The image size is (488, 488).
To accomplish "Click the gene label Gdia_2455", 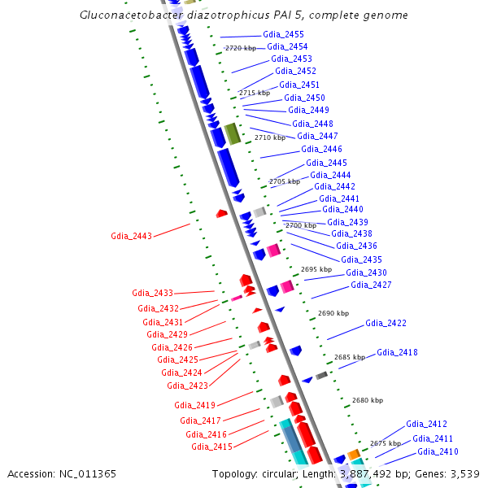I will pos(284,34).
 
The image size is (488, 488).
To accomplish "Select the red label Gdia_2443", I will pos(131,236).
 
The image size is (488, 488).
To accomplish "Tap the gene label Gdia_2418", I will pos(397,352).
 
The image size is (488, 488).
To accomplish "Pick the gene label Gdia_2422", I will pos(386,323).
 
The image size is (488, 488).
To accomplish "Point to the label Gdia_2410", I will pos(438,451).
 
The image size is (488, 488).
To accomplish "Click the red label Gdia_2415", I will pos(211,447).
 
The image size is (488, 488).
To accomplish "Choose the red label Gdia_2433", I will pos(152,293).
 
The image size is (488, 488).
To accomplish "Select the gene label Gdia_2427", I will pos(371,285).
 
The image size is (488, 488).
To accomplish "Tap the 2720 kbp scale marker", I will pos(240,48).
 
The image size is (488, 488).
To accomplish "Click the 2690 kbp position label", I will pos(333,312).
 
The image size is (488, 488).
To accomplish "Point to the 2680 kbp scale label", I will pos(367,400).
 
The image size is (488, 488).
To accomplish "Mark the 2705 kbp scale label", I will pos(284,181).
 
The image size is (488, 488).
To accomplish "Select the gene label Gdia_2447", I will pos(317,136).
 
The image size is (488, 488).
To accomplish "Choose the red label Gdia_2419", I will pos(194,405).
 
